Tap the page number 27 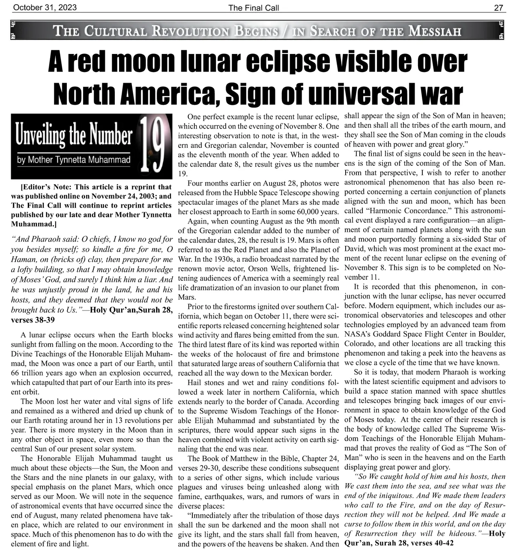499,7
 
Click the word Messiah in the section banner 435,31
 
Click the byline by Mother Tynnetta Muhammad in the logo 73,160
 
